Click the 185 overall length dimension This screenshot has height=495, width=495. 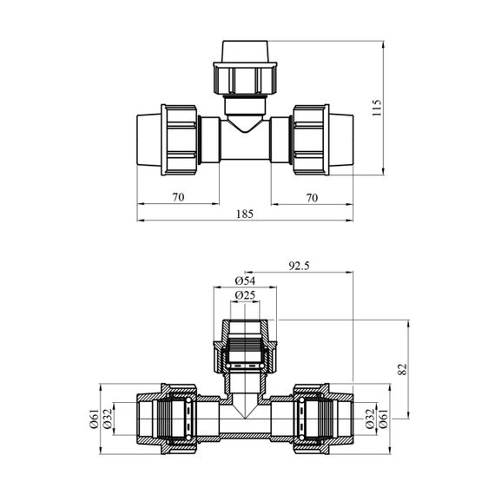[x=245, y=214]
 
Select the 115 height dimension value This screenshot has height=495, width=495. [x=377, y=108]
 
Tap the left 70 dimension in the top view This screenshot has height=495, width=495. [x=178, y=197]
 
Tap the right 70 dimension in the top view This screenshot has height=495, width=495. [x=312, y=198]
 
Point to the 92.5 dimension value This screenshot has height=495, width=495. [x=299, y=266]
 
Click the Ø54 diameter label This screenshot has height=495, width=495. [x=245, y=280]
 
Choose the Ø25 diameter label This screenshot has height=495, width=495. [x=245, y=295]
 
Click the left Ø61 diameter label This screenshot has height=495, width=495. [x=95, y=419]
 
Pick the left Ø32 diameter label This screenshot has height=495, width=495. [x=108, y=419]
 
